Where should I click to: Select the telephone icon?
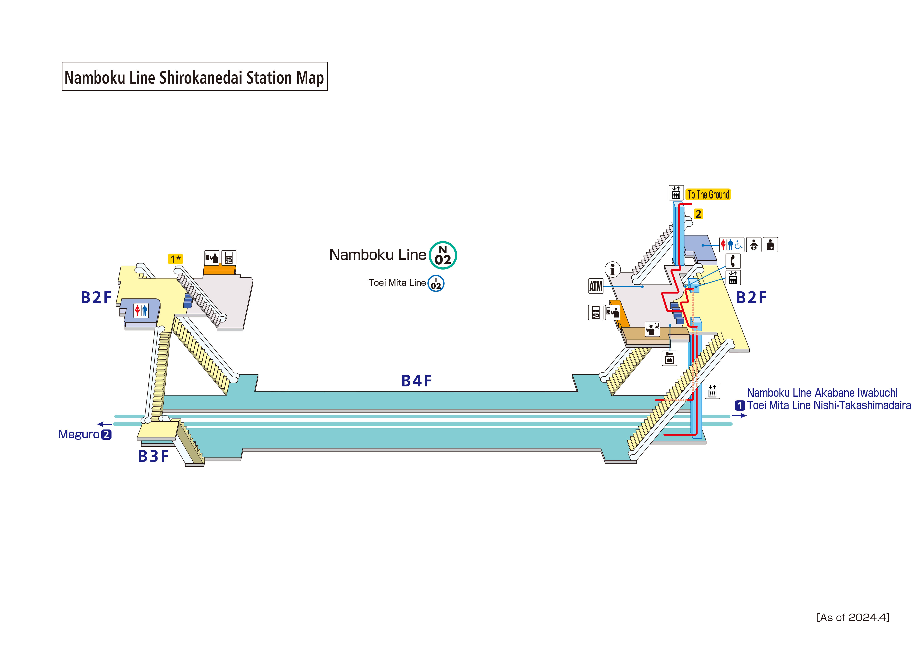pyautogui.click(x=733, y=261)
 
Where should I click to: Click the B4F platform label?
pyautogui.click(x=416, y=381)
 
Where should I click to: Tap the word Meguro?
pyautogui.click(x=79, y=434)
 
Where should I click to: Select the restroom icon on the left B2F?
pyautogui.click(x=141, y=310)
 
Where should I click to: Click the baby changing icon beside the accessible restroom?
pyautogui.click(x=754, y=245)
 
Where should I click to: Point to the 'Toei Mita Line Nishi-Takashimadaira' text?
pyautogui.click(x=829, y=405)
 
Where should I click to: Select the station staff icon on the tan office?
pyautogui.click(x=652, y=329)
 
